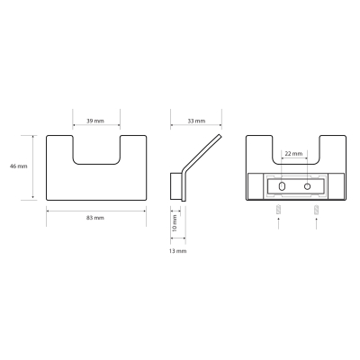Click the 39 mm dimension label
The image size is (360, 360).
[95, 121]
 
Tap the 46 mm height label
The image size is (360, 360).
[19, 166]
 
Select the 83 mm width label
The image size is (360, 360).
[95, 218]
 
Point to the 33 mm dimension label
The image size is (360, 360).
[196, 121]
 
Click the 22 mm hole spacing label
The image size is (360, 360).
[293, 154]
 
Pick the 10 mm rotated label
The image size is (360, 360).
[175, 223]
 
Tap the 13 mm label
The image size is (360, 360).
[177, 251]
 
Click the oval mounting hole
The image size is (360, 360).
[282, 186]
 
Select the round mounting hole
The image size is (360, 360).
[307, 186]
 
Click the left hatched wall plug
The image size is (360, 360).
[279, 209]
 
